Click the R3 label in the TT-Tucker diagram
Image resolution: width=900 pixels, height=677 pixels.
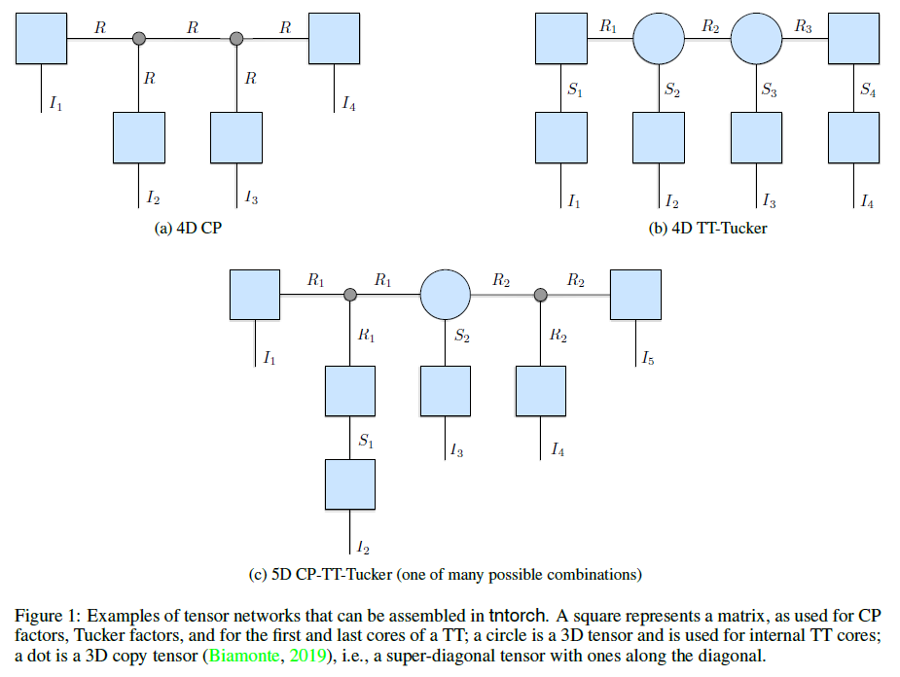[x=803, y=26]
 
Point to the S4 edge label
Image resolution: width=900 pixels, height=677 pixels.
[x=868, y=89]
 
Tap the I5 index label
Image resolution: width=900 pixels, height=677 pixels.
[x=647, y=358]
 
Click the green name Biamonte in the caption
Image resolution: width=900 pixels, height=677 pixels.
[x=244, y=656]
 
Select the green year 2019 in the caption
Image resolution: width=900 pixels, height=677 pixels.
[x=307, y=656]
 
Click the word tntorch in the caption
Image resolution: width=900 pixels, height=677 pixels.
[x=517, y=616]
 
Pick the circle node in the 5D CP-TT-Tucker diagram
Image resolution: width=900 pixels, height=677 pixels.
[x=446, y=295]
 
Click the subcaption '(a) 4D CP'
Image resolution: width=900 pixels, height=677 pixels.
[x=188, y=229]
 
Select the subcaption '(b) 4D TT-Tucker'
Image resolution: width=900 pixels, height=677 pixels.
[x=707, y=229]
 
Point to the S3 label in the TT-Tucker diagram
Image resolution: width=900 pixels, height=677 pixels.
[x=769, y=89]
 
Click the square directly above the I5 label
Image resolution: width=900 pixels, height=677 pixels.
[x=635, y=295]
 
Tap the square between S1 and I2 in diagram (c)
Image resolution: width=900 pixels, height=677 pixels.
[x=350, y=484]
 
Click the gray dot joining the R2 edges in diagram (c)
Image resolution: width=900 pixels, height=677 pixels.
[x=541, y=295]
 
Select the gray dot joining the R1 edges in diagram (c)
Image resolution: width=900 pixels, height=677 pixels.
[x=350, y=295]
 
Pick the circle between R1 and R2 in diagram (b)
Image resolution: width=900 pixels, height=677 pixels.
[x=659, y=39]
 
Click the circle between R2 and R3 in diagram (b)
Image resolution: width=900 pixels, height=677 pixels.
[x=757, y=39]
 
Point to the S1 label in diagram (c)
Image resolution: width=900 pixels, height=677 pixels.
[x=366, y=441]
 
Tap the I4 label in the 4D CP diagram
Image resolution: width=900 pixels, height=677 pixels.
[x=349, y=104]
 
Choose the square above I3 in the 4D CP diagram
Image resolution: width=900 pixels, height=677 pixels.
[x=236, y=138]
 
